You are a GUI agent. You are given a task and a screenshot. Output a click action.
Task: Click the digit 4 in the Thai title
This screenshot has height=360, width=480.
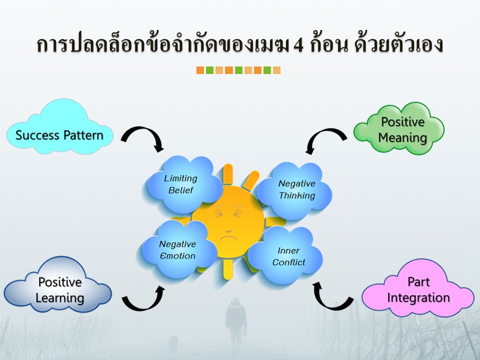tap(298, 45)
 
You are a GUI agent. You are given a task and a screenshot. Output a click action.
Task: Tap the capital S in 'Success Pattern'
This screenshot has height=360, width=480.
tap(19, 135)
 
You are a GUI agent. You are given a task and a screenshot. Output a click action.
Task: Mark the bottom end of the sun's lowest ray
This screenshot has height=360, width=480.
tap(227, 278)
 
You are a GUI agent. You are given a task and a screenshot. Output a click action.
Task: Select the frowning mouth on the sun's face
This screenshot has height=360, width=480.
tap(228, 238)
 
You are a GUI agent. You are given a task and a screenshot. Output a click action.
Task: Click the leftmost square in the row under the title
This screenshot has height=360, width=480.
tap(200, 70)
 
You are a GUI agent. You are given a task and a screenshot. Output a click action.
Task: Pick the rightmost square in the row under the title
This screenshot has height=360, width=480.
tap(276, 70)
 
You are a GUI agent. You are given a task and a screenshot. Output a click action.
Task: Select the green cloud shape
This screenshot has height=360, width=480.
tap(399, 128)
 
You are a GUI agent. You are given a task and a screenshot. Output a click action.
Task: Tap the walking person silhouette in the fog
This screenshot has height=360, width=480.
tap(236, 322)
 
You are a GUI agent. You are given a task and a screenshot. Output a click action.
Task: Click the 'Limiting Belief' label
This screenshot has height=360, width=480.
tap(180, 184)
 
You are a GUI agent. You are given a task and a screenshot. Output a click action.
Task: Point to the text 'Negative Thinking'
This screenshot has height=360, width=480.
tap(296, 189)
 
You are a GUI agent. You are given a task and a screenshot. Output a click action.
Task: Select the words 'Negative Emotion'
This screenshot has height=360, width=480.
tap(177, 250)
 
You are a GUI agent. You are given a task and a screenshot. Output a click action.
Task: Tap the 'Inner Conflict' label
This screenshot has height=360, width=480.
tap(288, 256)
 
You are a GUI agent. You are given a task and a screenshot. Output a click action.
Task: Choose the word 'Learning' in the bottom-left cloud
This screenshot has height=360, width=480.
tap(59, 298)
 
